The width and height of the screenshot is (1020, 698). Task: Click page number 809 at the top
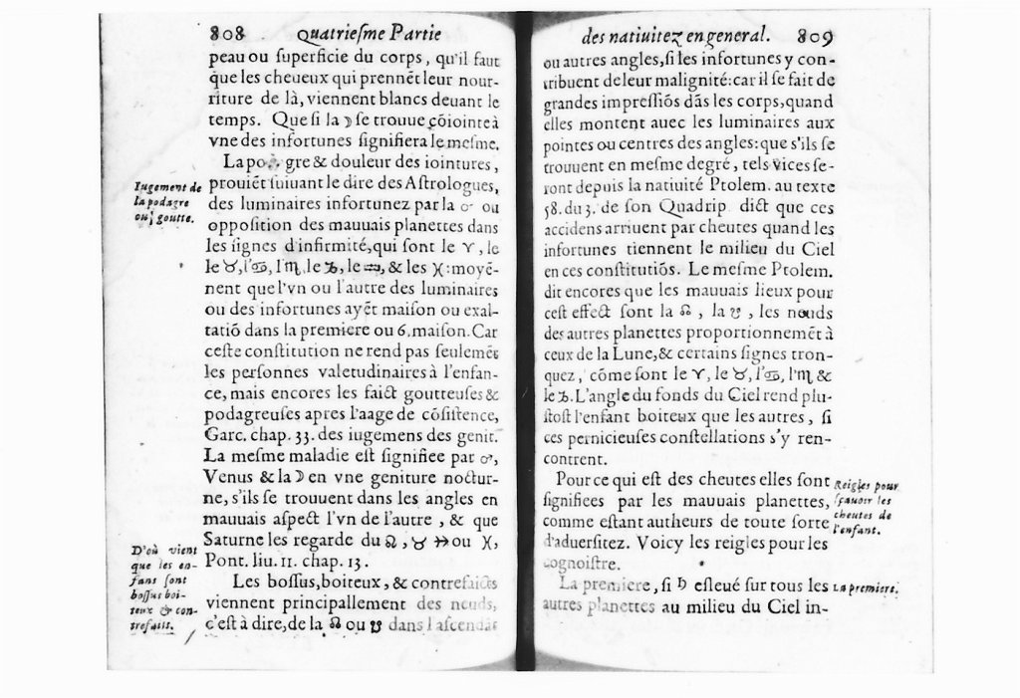pyautogui.click(x=814, y=36)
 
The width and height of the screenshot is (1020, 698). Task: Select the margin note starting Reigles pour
pyautogui.click(x=863, y=508)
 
